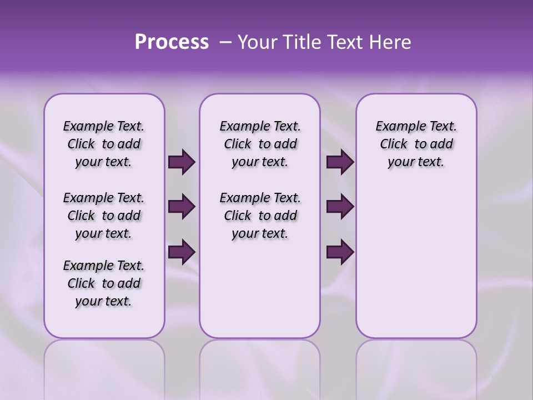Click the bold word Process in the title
(x=172, y=42)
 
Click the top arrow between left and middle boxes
(x=182, y=162)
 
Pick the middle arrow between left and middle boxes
(x=182, y=207)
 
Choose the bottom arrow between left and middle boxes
(x=182, y=252)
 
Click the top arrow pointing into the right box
(x=340, y=162)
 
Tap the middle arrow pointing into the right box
(x=340, y=207)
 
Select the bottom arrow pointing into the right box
(x=340, y=252)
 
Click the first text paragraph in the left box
(x=104, y=144)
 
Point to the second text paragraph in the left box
(x=104, y=216)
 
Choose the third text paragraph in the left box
(x=104, y=283)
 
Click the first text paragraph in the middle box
(x=260, y=144)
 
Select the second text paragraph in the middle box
(x=260, y=216)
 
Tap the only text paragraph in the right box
(x=416, y=144)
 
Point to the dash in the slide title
(x=225, y=42)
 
